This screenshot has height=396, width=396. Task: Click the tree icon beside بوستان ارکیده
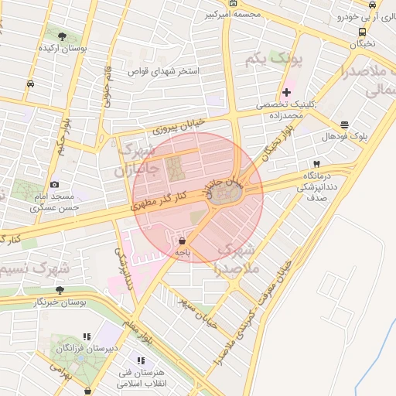tap(62, 36)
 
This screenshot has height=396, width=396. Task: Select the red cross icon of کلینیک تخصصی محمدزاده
tap(287, 92)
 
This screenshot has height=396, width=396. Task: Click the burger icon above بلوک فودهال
tap(344, 125)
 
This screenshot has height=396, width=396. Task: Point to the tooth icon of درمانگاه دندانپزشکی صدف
tap(316, 164)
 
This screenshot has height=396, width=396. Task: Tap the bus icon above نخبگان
tap(362, 32)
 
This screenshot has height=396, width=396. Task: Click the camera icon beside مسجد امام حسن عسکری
tap(54, 184)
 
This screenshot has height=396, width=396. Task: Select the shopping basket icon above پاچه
tap(182, 241)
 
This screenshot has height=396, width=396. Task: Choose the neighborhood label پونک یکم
tap(273, 58)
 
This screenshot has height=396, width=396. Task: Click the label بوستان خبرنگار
tap(34, 302)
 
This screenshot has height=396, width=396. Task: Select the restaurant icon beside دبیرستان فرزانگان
tap(87, 336)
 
